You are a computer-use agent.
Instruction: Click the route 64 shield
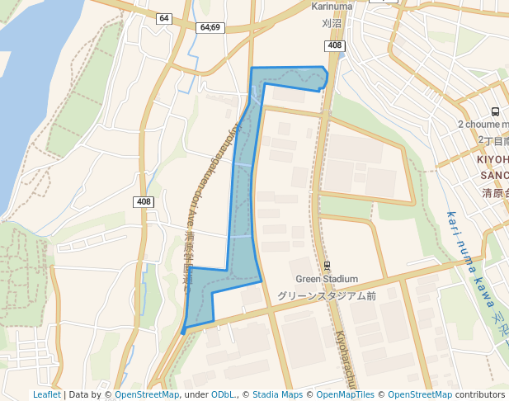pyautogui.click(x=164, y=18)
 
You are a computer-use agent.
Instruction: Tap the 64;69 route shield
pyautogui.click(x=210, y=27)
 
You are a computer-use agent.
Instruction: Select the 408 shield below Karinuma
pyautogui.click(x=334, y=45)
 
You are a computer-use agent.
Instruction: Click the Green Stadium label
pyautogui.click(x=327, y=280)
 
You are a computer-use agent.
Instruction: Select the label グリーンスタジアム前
pyautogui.click(x=327, y=295)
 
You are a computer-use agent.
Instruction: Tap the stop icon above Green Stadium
pyautogui.click(x=327, y=266)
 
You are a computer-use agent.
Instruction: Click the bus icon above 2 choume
pyautogui.click(x=495, y=111)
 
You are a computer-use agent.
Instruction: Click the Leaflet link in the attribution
pyautogui.click(x=47, y=394)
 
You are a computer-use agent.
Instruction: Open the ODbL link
pyautogui.click(x=223, y=394)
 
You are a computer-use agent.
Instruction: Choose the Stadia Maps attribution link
pyautogui.click(x=277, y=394)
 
